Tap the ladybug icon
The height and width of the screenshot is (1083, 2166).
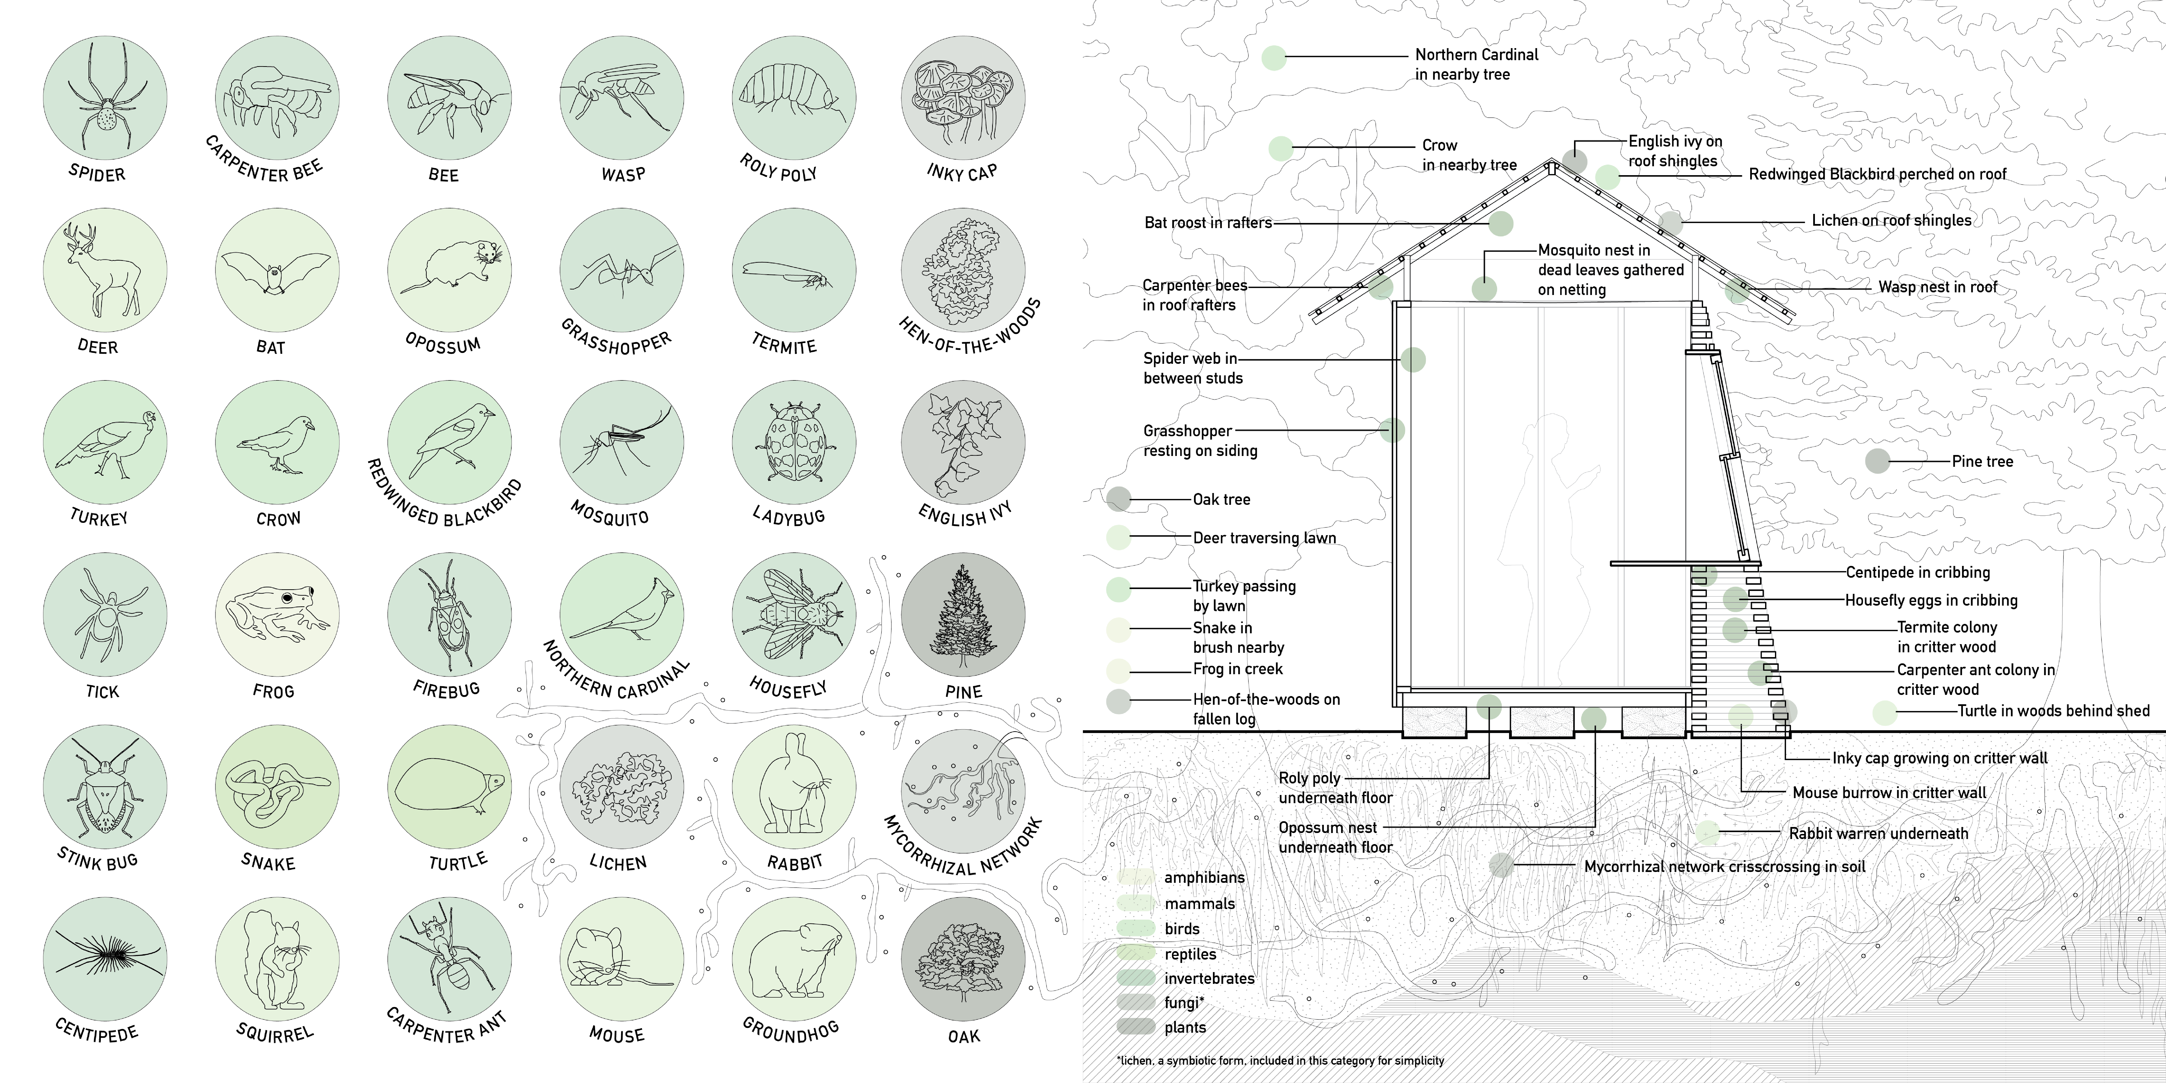click(794, 442)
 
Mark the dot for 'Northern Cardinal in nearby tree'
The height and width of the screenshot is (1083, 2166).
click(1274, 57)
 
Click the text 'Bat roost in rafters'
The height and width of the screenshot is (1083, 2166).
click(1208, 223)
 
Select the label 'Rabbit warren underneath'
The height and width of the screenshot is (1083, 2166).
click(1877, 833)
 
